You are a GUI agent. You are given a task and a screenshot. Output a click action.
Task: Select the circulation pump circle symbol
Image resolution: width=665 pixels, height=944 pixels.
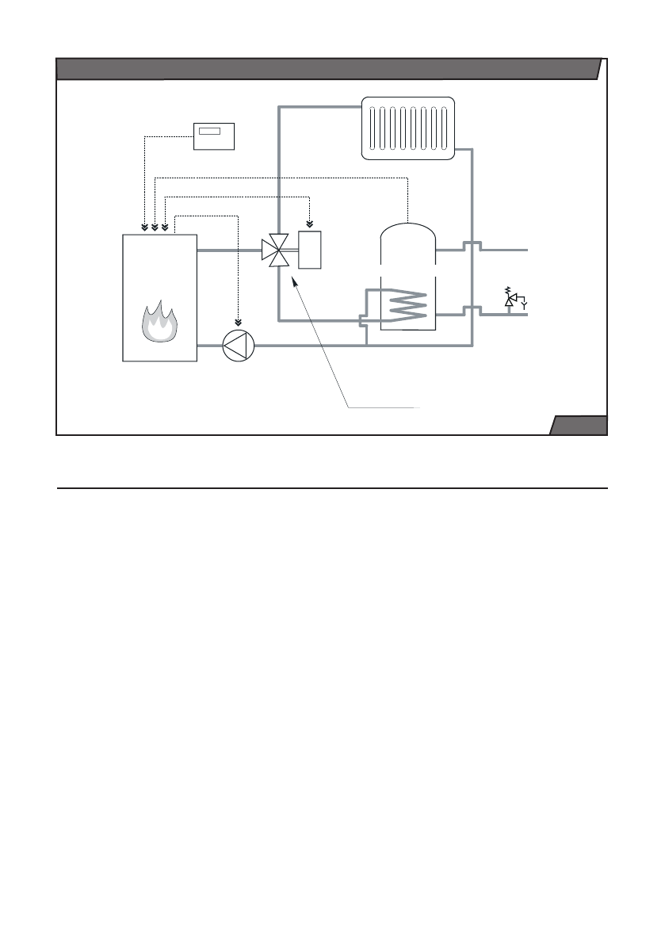(238, 346)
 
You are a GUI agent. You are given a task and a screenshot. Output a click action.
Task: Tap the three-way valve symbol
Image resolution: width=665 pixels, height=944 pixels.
(274, 250)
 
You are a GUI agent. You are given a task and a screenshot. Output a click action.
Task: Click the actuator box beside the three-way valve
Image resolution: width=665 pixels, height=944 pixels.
(310, 250)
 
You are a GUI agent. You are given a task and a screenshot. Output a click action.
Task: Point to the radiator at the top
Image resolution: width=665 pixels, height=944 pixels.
(407, 128)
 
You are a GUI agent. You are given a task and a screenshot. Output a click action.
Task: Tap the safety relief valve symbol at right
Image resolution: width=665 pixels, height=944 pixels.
(511, 299)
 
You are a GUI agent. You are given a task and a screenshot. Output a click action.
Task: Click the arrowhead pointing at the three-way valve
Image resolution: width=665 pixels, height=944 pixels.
(294, 280)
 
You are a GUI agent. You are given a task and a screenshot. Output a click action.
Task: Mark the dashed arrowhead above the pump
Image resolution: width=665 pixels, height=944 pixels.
(238, 322)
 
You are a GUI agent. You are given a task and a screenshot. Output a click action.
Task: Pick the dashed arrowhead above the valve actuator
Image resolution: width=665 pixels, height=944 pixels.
(310, 223)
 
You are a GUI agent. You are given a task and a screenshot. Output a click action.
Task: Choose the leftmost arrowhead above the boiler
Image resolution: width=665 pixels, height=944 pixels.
(144, 227)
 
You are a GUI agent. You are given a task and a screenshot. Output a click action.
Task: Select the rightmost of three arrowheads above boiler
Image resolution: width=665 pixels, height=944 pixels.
(164, 227)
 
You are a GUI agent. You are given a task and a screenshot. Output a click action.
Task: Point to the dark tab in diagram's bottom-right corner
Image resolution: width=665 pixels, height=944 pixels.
(579, 426)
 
